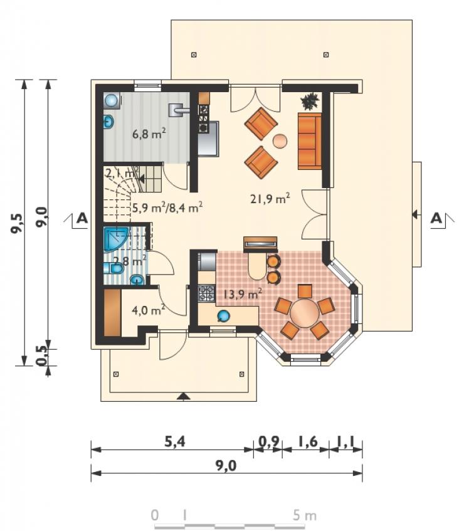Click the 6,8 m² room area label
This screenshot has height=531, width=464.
pos(149,134)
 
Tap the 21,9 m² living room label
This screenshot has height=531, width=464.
pos(270,199)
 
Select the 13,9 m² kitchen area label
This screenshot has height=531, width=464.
pos(242,293)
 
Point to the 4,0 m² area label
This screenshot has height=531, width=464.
pos(149,310)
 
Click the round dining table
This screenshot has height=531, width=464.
pos(305,312)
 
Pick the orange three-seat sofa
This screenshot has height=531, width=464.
pos(310,141)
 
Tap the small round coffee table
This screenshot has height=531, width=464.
pos(280,141)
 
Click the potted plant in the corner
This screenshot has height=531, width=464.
pos(310,101)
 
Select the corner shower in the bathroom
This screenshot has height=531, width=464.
pos(115,239)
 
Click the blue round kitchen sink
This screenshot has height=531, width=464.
pos(223,315)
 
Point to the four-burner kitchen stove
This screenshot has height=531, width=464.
pos(206,293)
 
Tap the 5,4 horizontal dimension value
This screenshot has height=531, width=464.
pos(175,441)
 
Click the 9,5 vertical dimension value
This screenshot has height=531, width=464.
pos(18,223)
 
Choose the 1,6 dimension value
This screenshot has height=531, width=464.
pos(307,441)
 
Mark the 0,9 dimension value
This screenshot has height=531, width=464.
pos(269,441)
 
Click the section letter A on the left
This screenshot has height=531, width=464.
pos(82,218)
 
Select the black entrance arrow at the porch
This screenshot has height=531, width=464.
pos(183,397)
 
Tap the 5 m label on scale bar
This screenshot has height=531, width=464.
pos(305,515)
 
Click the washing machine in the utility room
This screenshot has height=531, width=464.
pos(112,100)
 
